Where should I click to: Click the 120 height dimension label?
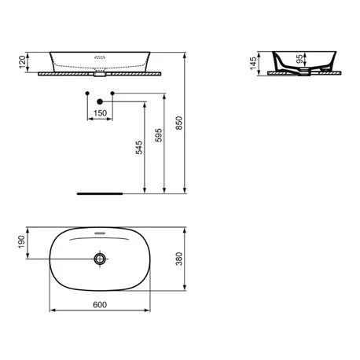click(22, 62)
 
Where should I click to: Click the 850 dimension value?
click(179, 123)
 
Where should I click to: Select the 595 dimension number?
click(159, 135)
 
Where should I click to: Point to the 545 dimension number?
click(139, 147)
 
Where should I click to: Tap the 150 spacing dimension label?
click(100, 113)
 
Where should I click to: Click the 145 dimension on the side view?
click(253, 64)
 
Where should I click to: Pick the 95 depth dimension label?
click(301, 59)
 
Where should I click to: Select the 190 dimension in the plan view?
click(21, 242)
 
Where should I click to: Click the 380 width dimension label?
click(179, 259)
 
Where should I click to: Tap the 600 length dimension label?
click(100, 304)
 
